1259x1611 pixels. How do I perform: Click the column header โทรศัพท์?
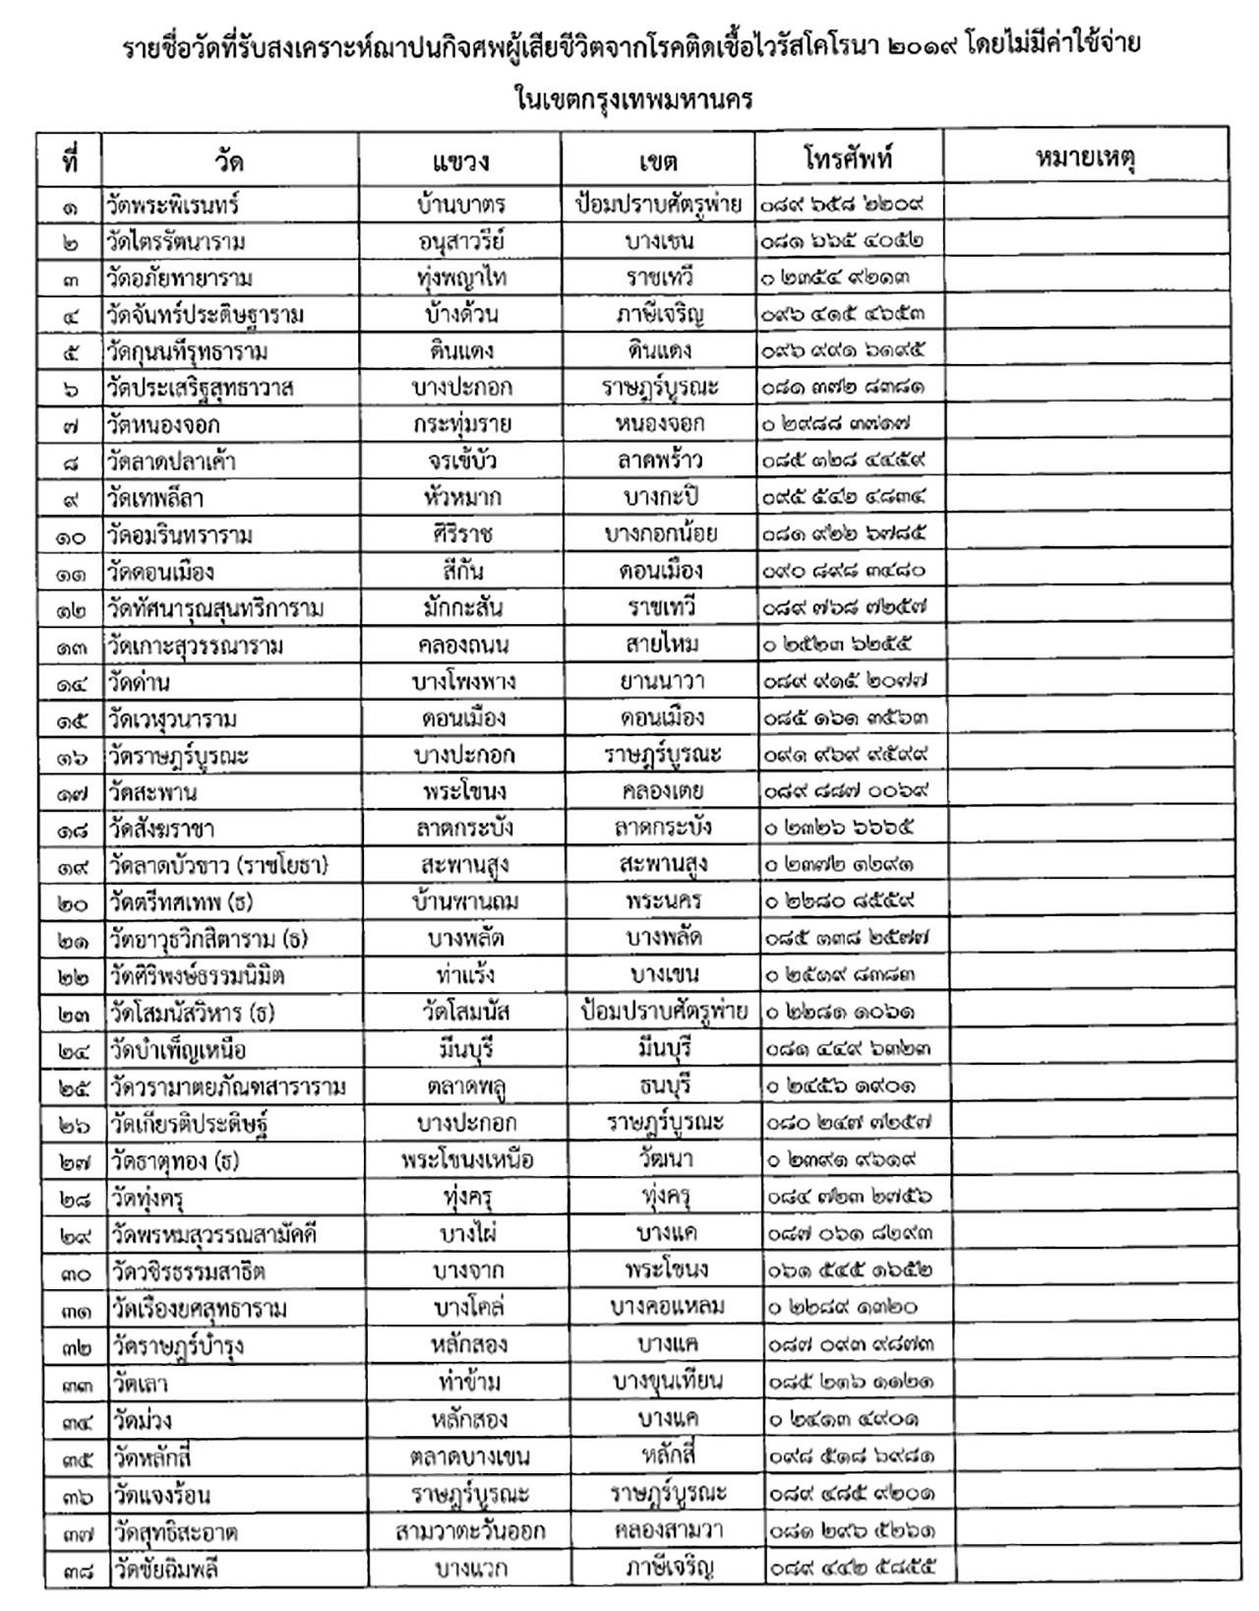(848, 158)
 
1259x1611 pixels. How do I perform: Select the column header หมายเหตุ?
(1085, 158)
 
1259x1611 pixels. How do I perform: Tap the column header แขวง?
(459, 160)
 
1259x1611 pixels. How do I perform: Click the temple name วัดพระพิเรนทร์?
(173, 205)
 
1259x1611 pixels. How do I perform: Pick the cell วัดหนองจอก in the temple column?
(164, 425)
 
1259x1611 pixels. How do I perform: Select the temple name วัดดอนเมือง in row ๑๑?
(161, 572)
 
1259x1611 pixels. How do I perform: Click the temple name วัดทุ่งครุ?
(148, 1198)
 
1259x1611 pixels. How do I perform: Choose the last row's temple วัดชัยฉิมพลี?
(164, 1568)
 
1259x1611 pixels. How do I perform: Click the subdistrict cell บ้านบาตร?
(459, 205)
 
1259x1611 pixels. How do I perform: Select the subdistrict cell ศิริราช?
(459, 534)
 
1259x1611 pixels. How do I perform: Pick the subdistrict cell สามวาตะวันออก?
(469, 1531)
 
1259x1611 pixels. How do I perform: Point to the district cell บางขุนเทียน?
(667, 1382)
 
